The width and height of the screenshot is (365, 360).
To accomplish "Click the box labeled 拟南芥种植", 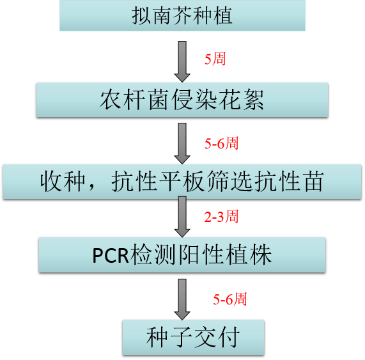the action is (182, 15).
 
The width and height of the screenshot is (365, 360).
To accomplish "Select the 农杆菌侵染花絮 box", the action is (182, 100).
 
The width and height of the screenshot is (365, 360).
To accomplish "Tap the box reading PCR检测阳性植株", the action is (182, 254).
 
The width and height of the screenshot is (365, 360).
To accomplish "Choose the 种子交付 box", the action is (193, 337).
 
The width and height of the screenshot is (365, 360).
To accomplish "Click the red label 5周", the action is (215, 59).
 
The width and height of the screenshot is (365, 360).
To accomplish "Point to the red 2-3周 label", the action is (221, 216).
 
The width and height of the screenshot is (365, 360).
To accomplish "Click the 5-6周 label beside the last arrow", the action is (229, 299).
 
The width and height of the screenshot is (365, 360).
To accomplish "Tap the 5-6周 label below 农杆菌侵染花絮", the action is (221, 143).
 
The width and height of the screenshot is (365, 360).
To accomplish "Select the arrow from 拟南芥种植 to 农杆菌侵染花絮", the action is (182, 61).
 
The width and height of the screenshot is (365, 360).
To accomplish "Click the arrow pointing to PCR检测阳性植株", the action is (182, 217).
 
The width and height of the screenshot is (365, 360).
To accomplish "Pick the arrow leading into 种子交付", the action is (182, 299).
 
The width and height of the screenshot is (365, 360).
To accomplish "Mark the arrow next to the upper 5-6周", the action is (182, 143).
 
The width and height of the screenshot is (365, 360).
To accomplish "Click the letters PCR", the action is (111, 255).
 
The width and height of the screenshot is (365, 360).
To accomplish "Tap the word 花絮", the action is (242, 100).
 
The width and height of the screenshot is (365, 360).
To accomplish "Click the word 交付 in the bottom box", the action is (217, 337).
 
